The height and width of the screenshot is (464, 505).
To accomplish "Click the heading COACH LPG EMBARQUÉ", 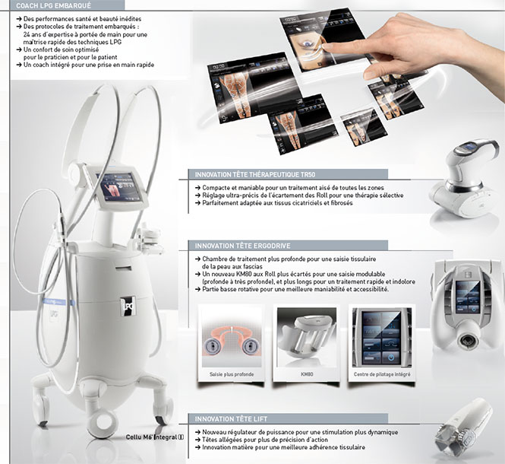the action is click(53, 6).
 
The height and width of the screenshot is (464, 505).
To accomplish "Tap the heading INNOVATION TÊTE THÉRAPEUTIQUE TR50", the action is click(255, 174).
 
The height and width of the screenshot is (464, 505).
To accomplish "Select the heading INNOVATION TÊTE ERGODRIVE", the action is click(242, 246).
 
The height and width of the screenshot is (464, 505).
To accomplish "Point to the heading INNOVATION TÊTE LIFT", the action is click(231, 419).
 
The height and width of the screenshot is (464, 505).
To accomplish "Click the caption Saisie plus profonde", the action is click(232, 374).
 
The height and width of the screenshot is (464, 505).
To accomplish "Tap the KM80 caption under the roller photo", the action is click(307, 374).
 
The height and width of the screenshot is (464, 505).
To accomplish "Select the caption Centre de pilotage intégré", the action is click(382, 374).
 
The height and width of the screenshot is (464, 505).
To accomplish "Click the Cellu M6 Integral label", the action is click(155, 437).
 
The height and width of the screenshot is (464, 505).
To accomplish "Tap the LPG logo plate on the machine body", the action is click(128, 306).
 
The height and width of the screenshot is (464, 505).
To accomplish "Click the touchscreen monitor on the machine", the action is click(121, 186).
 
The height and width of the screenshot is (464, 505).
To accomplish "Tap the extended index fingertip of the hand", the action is click(326, 47).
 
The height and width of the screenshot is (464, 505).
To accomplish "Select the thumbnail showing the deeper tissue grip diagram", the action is click(232, 336).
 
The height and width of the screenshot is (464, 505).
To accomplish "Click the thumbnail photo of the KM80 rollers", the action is click(307, 336).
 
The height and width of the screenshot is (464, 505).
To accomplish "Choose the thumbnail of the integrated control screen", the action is click(382, 336).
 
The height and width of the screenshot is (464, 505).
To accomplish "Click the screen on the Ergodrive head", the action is click(468, 296).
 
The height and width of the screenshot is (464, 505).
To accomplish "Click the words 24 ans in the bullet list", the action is click(31, 34).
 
